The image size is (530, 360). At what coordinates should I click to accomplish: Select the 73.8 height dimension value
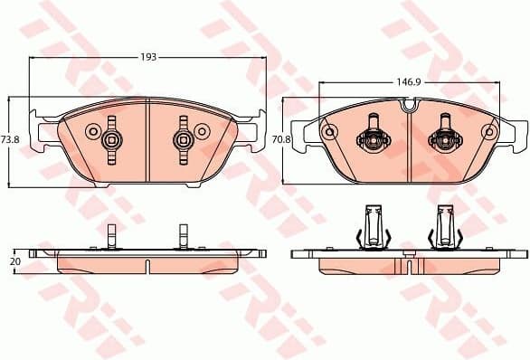pyautogui.click(x=10, y=139)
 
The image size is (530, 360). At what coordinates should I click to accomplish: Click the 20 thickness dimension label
pyautogui.click(x=14, y=261)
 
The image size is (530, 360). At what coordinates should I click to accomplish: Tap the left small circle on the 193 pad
pyautogui.click(x=91, y=132)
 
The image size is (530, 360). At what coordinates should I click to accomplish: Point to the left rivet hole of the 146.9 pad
pyautogui.click(x=329, y=133)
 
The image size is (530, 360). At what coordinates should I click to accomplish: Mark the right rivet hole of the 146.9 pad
pyautogui.click(x=489, y=133)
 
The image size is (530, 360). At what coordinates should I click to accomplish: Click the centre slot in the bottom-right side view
pyautogui.click(x=409, y=264)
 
